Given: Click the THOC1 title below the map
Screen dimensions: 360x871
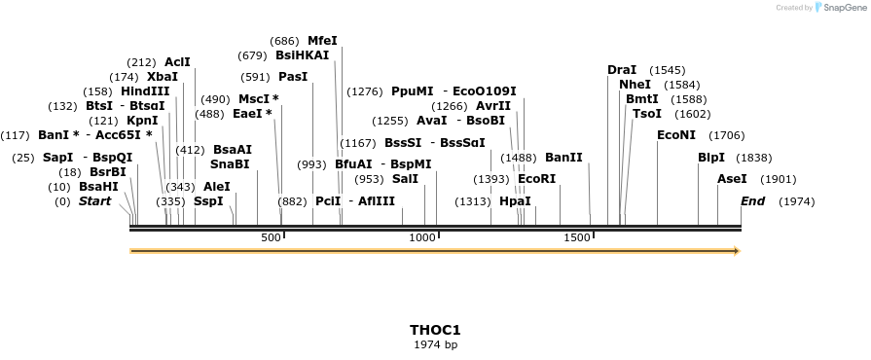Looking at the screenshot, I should coord(435,330).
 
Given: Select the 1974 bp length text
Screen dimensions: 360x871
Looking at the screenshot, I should coord(435,344).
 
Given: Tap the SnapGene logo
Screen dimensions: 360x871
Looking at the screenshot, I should coord(844,8).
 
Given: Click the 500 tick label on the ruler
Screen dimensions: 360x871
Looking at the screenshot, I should coord(271,237).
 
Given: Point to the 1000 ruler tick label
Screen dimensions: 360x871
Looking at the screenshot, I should coord(422,237).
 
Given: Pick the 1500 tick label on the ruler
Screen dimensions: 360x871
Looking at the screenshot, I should coord(576,237).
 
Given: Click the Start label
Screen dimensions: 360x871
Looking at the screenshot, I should coord(94,201).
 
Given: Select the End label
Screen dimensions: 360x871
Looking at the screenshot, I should coord(752,201).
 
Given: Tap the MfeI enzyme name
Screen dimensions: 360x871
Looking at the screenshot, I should coord(322,41).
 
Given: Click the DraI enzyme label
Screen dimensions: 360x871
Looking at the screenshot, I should coord(621,70).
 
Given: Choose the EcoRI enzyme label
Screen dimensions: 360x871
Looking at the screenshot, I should coord(536,179).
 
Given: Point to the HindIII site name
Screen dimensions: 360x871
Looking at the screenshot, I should coord(145,90).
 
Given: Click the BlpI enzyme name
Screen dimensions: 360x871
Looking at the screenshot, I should coord(711,158).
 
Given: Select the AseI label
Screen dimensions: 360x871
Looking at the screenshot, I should coord(732,179).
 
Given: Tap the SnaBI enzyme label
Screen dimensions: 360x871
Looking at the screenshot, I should coord(230,164).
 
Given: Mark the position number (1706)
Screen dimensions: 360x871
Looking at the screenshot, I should coord(726,135).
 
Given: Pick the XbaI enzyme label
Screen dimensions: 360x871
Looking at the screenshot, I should coord(163,76).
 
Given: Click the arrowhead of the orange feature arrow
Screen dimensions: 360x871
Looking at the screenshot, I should coord(737,251).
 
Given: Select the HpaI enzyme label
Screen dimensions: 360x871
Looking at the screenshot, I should coord(515,201).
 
